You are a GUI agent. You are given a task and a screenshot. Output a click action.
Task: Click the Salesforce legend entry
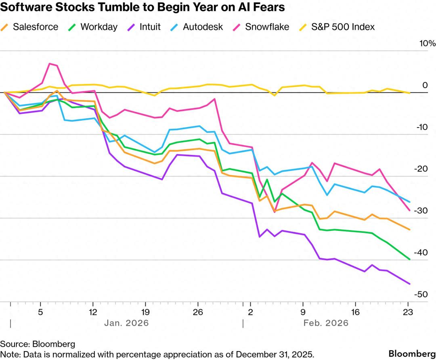[x=29, y=27]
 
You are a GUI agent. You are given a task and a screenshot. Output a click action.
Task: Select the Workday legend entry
[x=93, y=27]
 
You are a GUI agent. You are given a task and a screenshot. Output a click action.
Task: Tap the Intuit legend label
[x=150, y=27]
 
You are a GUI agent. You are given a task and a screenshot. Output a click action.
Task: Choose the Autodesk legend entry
[x=197, y=27]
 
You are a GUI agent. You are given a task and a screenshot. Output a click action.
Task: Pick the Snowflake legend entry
[x=261, y=27]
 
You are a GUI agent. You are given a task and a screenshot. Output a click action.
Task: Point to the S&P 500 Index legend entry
[x=337, y=27]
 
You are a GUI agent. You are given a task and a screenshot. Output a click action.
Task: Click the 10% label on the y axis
[x=428, y=43]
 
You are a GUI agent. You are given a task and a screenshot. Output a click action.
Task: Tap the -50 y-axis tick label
[x=421, y=294]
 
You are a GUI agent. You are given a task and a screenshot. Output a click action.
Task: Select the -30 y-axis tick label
[x=421, y=210]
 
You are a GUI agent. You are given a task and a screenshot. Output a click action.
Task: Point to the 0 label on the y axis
[x=425, y=85]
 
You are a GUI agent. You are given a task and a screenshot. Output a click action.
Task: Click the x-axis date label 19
[x=145, y=312]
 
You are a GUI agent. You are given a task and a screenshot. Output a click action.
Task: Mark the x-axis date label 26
[x=198, y=312]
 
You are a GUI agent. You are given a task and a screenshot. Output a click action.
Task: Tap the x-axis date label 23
[x=408, y=312]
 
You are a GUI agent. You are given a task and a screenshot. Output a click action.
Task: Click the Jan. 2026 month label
[x=126, y=323]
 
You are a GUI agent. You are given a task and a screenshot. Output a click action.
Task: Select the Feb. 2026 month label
[x=326, y=323]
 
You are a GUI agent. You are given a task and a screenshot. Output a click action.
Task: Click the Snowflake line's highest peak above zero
[x=50, y=64]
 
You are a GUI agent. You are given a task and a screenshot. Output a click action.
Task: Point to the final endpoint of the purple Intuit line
[x=410, y=284]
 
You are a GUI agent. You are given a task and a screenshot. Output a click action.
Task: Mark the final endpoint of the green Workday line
[x=410, y=260]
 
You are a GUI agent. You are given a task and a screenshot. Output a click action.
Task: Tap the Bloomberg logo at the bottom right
[x=412, y=354]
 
